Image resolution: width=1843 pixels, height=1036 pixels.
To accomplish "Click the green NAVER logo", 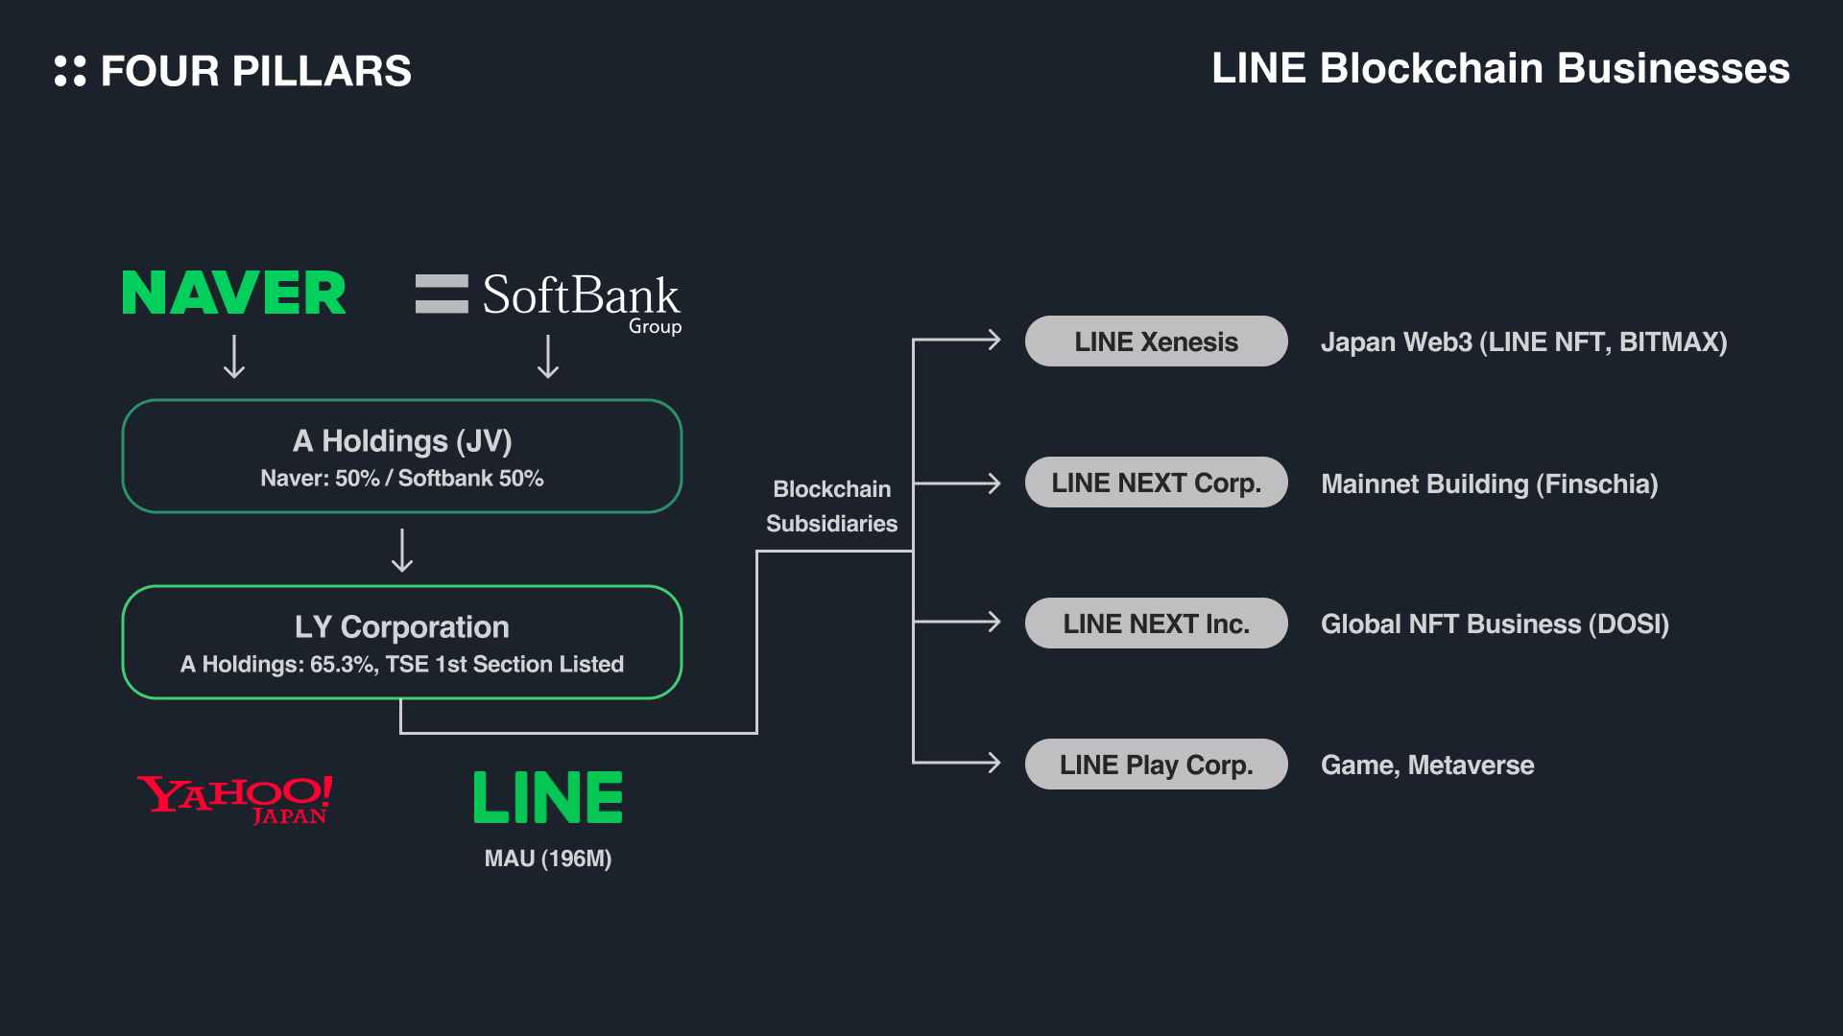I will point(233,294).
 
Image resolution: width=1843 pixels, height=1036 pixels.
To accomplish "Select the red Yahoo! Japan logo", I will point(235,799).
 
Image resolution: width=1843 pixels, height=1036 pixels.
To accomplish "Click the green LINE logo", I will point(548,797).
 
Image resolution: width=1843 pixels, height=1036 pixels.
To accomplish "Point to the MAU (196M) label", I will point(548,859).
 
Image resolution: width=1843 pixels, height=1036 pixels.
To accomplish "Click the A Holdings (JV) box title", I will point(402,441).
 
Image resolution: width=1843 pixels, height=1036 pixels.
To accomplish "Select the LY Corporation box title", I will point(402,627).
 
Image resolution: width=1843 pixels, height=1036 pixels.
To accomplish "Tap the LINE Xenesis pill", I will point(1156,341).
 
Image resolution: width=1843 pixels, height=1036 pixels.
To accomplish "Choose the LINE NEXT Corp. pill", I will point(1156,483).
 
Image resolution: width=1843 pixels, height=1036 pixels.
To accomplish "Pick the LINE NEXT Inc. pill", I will point(1156,624).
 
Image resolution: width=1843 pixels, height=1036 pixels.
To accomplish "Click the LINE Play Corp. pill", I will point(1156,765).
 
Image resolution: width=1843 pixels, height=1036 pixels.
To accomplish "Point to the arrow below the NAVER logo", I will point(234,357).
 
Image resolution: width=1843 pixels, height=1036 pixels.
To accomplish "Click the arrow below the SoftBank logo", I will point(548,357).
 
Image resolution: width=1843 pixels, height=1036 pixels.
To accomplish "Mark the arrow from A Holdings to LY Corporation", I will point(402,551).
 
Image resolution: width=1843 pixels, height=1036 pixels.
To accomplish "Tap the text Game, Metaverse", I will point(1427,765).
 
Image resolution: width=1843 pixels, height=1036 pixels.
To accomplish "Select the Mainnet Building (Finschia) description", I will point(1489,484).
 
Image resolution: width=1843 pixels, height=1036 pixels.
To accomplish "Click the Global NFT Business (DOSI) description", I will point(1495,624).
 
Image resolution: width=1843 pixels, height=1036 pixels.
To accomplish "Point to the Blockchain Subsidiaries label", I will point(832,506).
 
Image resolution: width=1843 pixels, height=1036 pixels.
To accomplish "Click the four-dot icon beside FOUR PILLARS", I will point(70,71).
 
